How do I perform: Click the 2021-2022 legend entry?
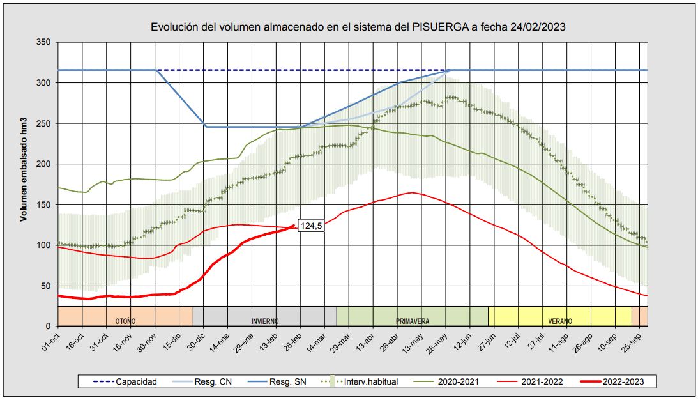click(540, 381)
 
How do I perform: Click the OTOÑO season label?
click(125, 321)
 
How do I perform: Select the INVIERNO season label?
click(264, 321)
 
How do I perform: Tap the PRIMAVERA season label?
click(413, 321)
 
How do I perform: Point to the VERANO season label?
click(560, 321)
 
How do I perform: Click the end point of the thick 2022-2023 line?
click(294, 225)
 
